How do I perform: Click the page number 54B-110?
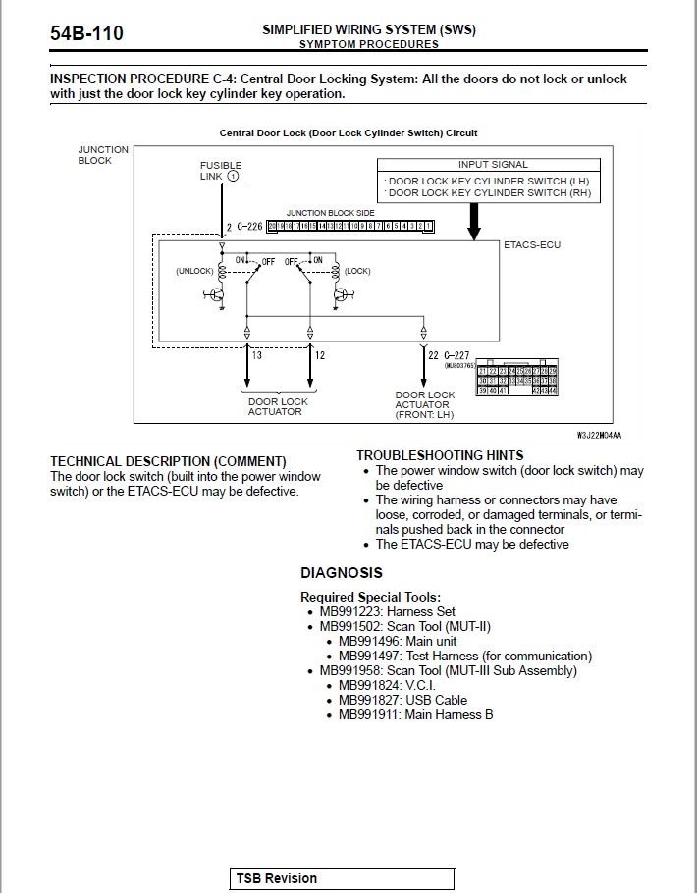86,34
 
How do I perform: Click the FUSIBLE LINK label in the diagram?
220,171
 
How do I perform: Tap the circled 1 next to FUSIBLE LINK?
233,177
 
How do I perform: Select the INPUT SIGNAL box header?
492,165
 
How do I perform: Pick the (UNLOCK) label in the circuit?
194,271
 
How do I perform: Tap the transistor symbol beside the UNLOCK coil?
217,293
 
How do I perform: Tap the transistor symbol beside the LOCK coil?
341,293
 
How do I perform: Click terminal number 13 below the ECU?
256,354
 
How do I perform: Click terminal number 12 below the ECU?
320,354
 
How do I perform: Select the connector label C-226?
249,227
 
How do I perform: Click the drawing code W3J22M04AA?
600,434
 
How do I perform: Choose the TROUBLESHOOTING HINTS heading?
440,456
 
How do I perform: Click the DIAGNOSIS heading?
342,573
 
